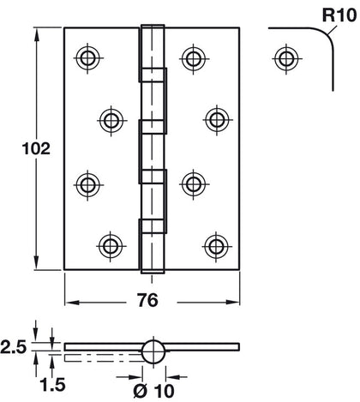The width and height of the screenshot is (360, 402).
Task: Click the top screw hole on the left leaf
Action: coord(87,58)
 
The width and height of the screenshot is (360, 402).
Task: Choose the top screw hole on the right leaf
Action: coord(191,58)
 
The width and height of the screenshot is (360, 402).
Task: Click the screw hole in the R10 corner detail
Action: coord(282,58)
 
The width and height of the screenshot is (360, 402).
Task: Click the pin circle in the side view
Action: coord(152,351)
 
